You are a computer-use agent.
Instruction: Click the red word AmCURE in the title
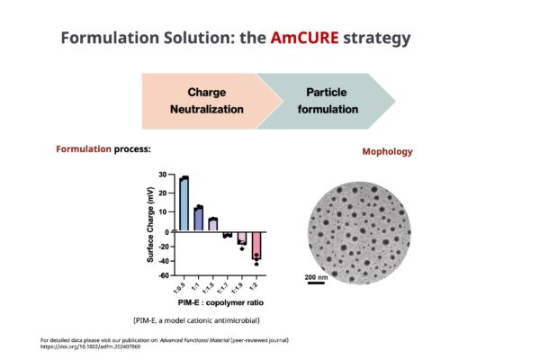pyautogui.click(x=304, y=38)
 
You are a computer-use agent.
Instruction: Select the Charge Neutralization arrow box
pyautogui.click(x=207, y=102)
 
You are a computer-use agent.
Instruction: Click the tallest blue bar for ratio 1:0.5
pyautogui.click(x=184, y=204)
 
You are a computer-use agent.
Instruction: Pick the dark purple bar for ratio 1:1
pyautogui.click(x=198, y=219)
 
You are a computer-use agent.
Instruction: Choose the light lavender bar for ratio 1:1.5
pyautogui.click(x=213, y=225)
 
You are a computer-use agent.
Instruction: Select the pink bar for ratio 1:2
pyautogui.click(x=256, y=246)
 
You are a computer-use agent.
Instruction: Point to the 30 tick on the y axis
pyautogui.click(x=163, y=175)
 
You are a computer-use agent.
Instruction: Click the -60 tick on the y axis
pyautogui.click(x=164, y=275)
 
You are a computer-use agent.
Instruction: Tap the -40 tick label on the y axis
pyautogui.click(x=164, y=261)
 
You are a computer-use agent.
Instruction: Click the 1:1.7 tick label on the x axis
pyautogui.click(x=222, y=288)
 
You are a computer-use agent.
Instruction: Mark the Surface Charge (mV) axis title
pyautogui.click(x=150, y=225)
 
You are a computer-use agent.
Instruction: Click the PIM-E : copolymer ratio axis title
pyautogui.click(x=220, y=302)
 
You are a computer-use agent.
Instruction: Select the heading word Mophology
pyautogui.click(x=387, y=151)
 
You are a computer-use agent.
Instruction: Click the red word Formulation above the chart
pyautogui.click(x=84, y=149)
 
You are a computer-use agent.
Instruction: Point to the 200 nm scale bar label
pyautogui.click(x=316, y=277)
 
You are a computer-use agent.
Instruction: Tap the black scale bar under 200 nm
pyautogui.click(x=316, y=283)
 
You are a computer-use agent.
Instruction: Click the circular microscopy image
pyautogui.click(x=359, y=233)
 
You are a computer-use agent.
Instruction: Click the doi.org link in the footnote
pyautogui.click(x=90, y=346)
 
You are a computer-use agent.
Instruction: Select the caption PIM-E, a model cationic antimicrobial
pyautogui.click(x=196, y=320)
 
